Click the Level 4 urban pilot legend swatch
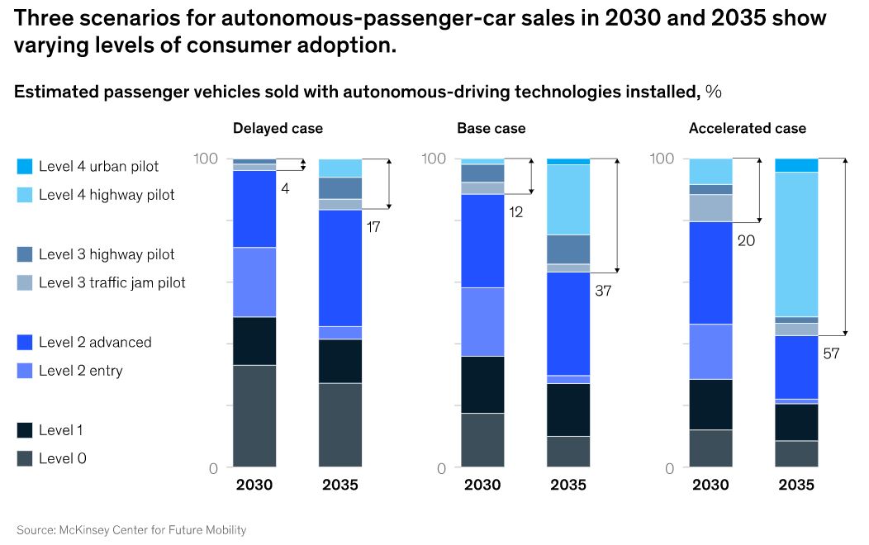pyautogui.click(x=25, y=167)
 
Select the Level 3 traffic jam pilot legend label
pyautogui.click(x=112, y=282)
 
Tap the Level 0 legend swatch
pyautogui.click(x=25, y=458)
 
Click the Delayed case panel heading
pyautogui.click(x=278, y=129)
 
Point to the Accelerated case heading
pyautogui.click(x=748, y=129)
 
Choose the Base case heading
pyautogui.click(x=491, y=129)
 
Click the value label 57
pyautogui.click(x=832, y=354)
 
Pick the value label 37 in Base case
pyautogui.click(x=603, y=291)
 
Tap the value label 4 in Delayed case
pyautogui.click(x=285, y=188)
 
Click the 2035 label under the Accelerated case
pyautogui.click(x=796, y=485)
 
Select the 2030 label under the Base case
pyautogui.click(x=482, y=485)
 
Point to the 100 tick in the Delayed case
pyautogui.click(x=205, y=159)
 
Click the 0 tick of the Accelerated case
pyautogui.click(x=670, y=469)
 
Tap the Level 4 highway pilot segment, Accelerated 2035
pyautogui.click(x=796, y=244)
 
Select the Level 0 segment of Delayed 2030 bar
pyautogui.click(x=254, y=416)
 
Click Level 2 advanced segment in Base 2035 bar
pyautogui.click(x=568, y=323)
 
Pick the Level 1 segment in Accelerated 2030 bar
pyautogui.click(x=711, y=404)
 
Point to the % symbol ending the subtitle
pyautogui.click(x=714, y=92)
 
